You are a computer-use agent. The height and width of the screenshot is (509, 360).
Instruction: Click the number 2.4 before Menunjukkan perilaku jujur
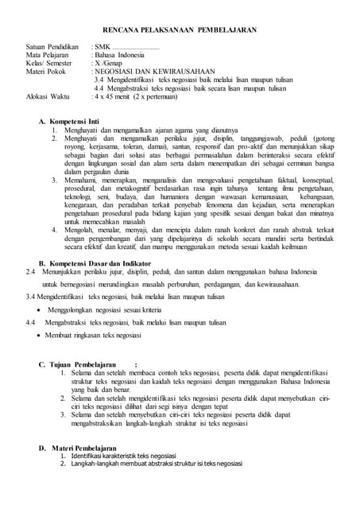tap(31, 272)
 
